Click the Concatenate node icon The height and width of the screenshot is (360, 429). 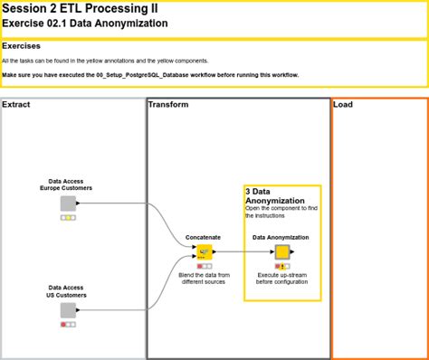click(x=205, y=252)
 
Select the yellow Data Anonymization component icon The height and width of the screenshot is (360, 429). click(x=282, y=252)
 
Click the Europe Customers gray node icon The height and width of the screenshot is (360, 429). click(x=68, y=204)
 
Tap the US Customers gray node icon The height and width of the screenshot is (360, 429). click(x=68, y=310)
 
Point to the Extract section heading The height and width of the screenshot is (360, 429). click(x=16, y=105)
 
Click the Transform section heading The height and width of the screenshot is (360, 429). click(x=168, y=105)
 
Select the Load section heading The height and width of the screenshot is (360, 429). click(x=343, y=105)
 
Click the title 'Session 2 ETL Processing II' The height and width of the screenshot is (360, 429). click(x=80, y=8)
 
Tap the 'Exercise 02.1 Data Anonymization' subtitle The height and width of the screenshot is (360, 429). click(x=85, y=24)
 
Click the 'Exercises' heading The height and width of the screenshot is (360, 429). click(x=21, y=46)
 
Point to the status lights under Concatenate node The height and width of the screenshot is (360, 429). click(x=205, y=266)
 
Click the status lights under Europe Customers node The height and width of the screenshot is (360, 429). click(x=68, y=217)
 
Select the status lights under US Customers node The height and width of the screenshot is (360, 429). click(x=68, y=325)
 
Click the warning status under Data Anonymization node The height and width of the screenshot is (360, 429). click(x=282, y=266)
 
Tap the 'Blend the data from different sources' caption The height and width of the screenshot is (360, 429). click(x=204, y=279)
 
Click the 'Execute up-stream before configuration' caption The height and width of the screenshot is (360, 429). click(x=281, y=279)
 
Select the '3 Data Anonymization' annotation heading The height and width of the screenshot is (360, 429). click(x=275, y=196)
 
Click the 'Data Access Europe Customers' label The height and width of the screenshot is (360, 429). click(x=66, y=185)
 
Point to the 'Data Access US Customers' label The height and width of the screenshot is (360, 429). click(x=66, y=291)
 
